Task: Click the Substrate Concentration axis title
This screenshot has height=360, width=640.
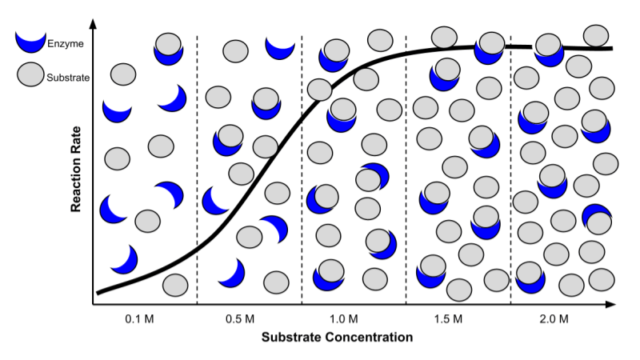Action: click(x=337, y=338)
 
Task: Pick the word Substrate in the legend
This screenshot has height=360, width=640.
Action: click(x=68, y=78)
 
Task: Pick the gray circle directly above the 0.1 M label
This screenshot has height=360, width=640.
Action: click(x=175, y=284)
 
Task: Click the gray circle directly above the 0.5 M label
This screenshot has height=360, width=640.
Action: click(x=276, y=282)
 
